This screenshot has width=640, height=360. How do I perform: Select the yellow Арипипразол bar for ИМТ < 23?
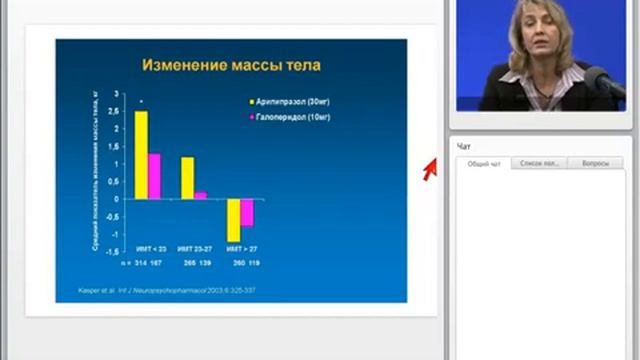141,154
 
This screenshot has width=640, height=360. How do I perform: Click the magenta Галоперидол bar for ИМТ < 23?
154,176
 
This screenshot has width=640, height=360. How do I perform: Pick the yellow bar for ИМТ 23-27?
187,177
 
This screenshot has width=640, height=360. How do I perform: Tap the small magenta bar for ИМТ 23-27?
200,195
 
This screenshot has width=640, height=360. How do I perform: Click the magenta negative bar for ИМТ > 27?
246,212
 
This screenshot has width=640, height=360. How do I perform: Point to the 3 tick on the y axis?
117,94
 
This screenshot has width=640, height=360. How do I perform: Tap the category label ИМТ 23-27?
194,247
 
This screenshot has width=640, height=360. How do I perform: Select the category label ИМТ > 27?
240,247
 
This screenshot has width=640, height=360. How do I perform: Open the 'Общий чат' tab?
484,163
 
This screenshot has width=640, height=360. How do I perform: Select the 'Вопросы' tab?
594,163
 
